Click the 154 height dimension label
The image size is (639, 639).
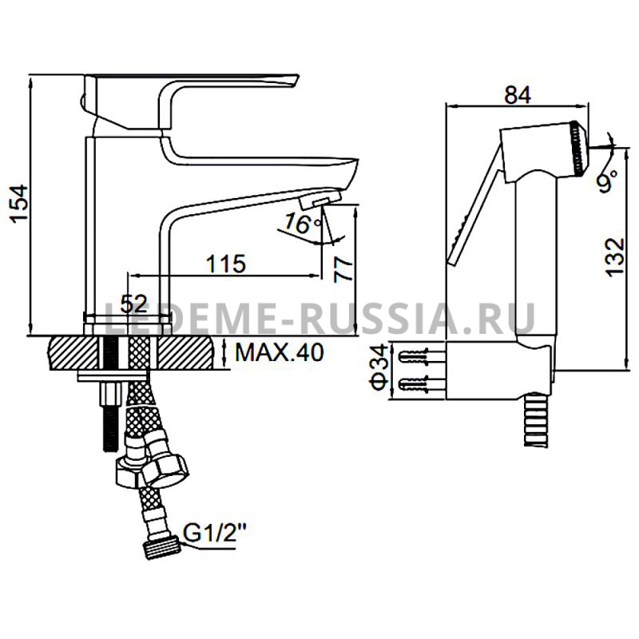[19, 204]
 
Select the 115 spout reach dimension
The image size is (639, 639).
[226, 264]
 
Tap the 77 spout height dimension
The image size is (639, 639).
[343, 269]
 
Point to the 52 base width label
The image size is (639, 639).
[133, 304]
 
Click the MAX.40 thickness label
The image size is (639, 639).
[280, 352]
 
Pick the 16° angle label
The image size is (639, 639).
[303, 223]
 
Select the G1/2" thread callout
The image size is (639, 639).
[215, 534]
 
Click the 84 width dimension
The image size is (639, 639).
[518, 95]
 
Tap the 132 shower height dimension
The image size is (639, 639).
[615, 257]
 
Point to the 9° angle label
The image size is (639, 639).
[608, 181]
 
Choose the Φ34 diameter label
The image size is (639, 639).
[378, 367]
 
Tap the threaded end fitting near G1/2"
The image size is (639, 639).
[162, 549]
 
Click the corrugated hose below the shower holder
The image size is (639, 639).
[538, 419]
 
